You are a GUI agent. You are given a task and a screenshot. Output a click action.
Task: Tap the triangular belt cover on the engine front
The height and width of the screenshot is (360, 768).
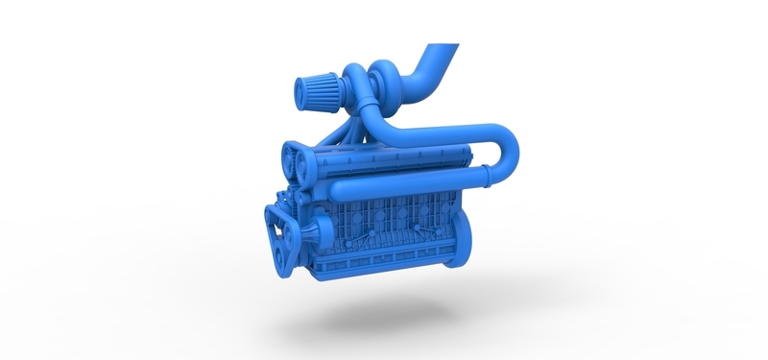click(x=279, y=235)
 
